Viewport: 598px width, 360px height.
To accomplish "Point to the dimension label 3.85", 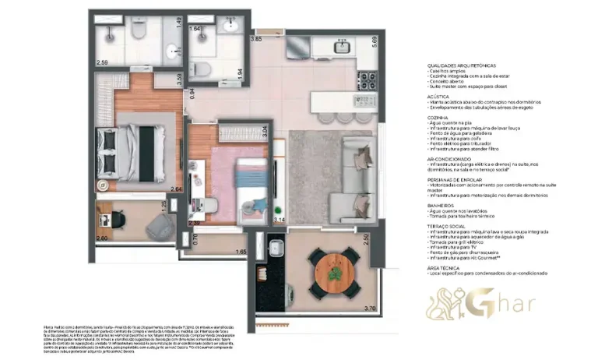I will (x=255, y=38).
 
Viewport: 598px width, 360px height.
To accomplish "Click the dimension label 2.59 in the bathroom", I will (x=102, y=61).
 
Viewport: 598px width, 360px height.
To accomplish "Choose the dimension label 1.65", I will (x=242, y=252).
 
